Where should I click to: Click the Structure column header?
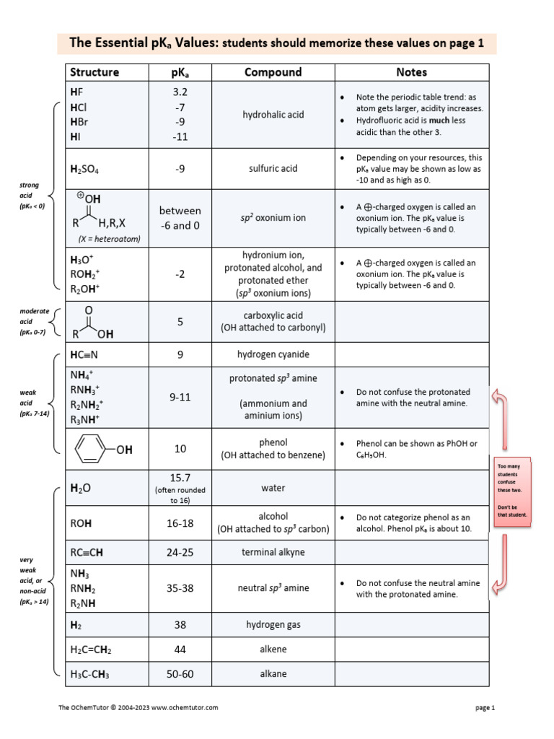tap(94, 72)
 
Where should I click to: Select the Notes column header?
tap(411, 72)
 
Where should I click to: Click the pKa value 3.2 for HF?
tap(180, 92)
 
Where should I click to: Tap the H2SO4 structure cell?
tap(85, 169)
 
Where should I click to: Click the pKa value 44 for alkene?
tap(180, 650)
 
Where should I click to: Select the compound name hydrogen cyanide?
tap(273, 354)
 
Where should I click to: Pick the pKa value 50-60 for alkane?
tap(180, 674)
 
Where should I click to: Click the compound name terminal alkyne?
tap(273, 552)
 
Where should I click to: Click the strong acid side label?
tap(31, 196)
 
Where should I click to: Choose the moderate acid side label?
tap(34, 321)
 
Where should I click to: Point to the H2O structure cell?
tap(81, 489)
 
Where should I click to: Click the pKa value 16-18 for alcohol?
tap(180, 523)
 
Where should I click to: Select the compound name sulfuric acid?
tap(273, 169)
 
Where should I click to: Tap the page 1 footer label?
tap(485, 708)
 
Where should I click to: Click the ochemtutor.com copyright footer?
tap(138, 708)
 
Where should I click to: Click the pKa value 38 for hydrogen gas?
tap(180, 624)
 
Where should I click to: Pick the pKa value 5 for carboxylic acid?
tap(180, 321)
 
